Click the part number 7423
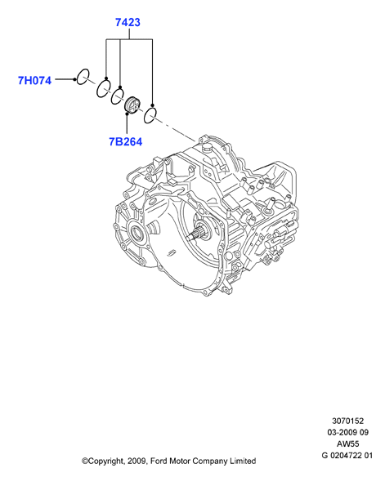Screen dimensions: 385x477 point(128,22)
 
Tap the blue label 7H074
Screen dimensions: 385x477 point(34,81)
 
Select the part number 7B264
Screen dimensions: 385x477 point(126,142)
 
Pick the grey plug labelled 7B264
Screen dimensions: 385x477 point(132,105)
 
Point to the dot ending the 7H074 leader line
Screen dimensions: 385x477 point(74,79)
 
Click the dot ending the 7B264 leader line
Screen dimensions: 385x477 point(127,114)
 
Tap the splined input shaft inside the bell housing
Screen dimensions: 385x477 point(197,234)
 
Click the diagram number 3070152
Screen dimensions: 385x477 point(347,421)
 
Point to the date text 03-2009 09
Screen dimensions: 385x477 point(347,432)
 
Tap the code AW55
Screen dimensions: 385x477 point(347,444)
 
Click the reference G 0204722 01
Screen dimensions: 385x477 point(347,456)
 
